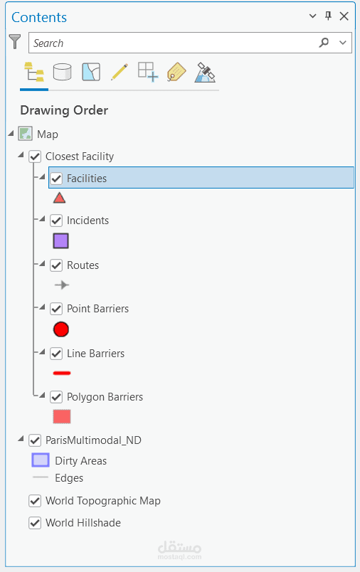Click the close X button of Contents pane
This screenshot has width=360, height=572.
pos(344,16)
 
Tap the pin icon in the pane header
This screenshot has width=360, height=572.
pos(328,16)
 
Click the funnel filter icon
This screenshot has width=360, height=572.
pos(15,41)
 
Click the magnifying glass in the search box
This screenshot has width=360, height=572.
pos(324,43)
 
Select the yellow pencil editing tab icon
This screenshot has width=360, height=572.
pos(120,71)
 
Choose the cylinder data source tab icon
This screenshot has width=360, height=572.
pos(63,71)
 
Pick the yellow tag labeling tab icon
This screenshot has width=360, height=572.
pos(176,72)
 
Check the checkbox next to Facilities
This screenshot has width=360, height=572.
pos(56,179)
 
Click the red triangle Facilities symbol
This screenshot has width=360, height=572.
pos(60,198)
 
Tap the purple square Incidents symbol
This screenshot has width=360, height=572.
pos(61,241)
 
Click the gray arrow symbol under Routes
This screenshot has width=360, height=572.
pos(62,285)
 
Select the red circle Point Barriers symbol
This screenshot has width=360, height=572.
pos(61,329)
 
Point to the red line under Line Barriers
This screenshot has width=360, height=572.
pos(62,374)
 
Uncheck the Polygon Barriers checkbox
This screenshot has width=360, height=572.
pos(56,396)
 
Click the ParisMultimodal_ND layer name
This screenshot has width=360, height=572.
pos(93,440)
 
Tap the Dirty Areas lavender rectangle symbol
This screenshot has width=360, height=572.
pos(41,460)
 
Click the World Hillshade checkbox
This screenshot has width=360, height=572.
pos(35,523)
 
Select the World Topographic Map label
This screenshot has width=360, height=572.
pos(103,501)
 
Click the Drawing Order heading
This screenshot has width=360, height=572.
pos(64,110)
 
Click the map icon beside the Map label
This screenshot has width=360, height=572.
pos(25,134)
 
